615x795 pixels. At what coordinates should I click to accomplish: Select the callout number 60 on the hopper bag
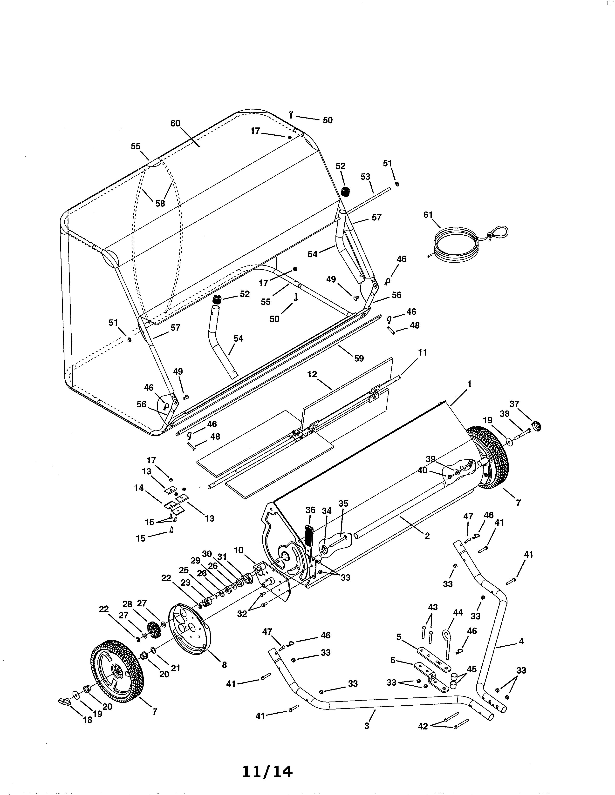(x=175, y=123)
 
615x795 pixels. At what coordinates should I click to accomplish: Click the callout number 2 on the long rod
(x=427, y=536)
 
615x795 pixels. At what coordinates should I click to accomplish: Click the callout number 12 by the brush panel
(x=312, y=374)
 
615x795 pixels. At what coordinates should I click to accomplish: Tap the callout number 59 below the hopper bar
(x=359, y=358)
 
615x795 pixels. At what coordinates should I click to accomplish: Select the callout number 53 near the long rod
(x=365, y=177)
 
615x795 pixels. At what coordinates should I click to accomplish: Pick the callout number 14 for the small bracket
(x=139, y=488)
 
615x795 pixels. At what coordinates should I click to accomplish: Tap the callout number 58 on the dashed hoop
(x=160, y=204)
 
